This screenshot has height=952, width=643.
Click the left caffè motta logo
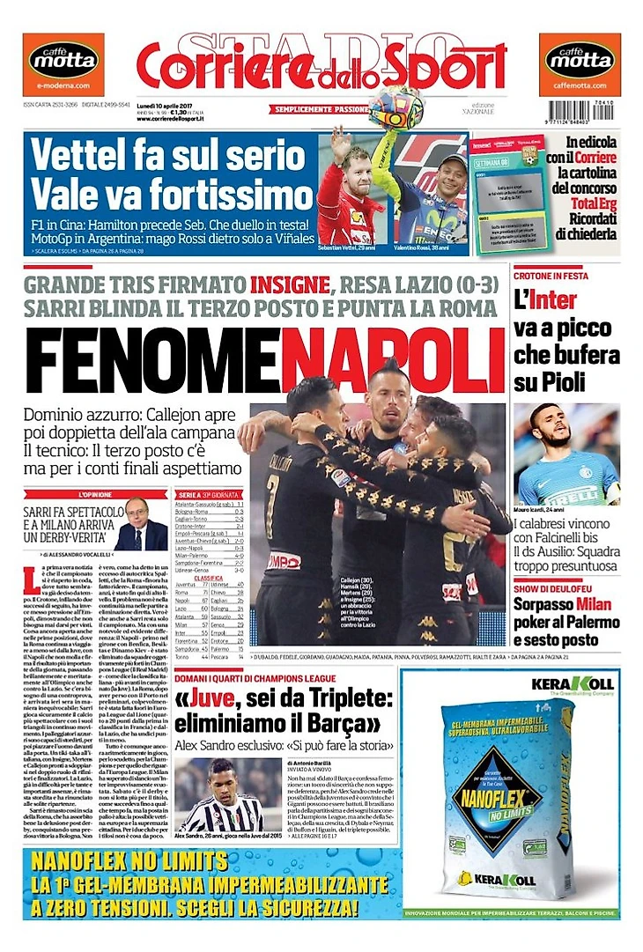[63, 60]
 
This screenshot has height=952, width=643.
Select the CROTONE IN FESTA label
[550, 277]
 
